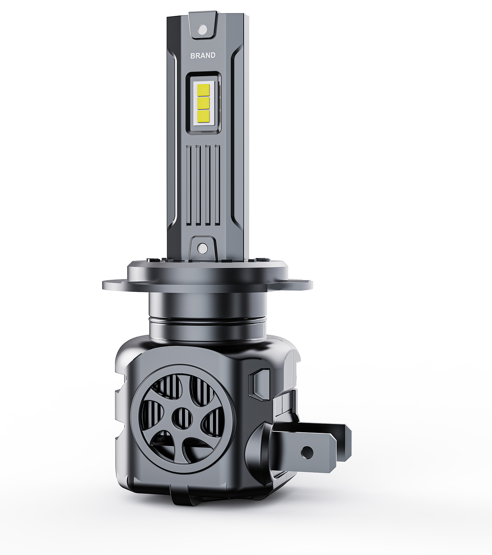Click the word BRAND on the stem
[x=203, y=56]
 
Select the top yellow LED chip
[x=203, y=90]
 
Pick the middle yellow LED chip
[x=203, y=103]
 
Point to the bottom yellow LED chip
[x=203, y=115]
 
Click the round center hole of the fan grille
[x=183, y=418]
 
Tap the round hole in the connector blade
[x=307, y=453]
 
